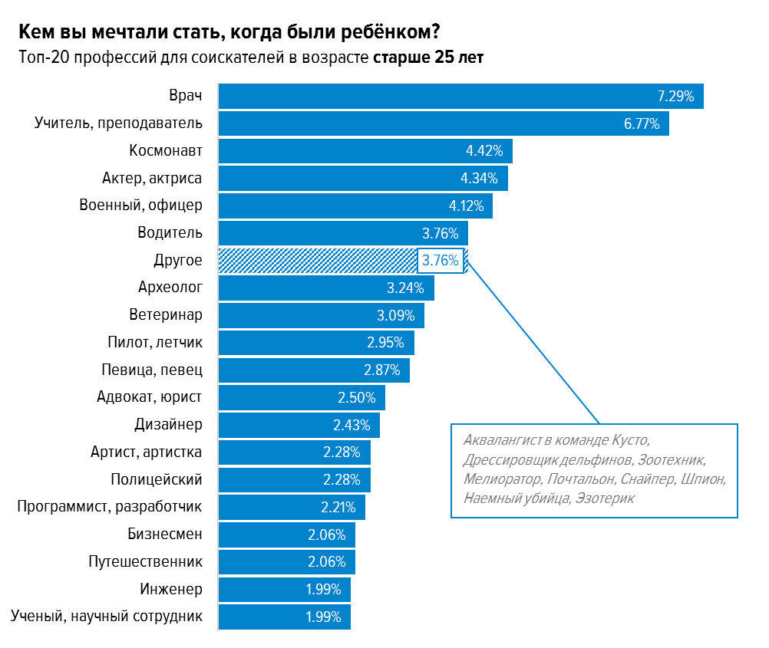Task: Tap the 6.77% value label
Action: pos(642,123)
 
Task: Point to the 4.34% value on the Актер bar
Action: pos(479,179)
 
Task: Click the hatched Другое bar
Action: pos(316,261)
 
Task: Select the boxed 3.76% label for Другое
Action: pos(441,261)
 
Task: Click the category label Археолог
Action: pos(170,288)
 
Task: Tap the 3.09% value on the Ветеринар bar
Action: pos(395,315)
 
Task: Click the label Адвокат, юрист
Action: pos(150,397)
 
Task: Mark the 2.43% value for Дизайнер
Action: pos(351,425)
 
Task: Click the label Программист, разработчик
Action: pos(110,507)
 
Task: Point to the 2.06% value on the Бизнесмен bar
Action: pos(327,535)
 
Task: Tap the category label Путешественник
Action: pos(146,562)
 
